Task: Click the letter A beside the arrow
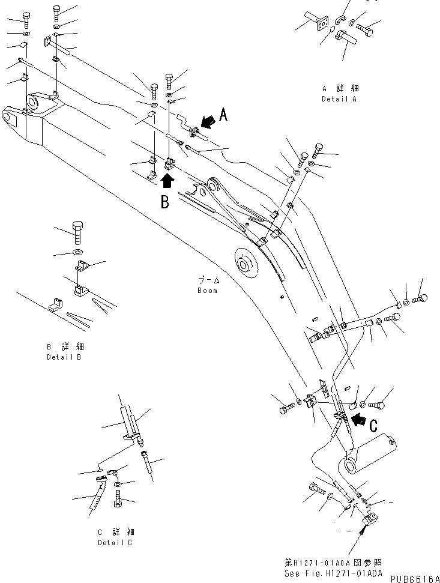pyautogui.click(x=223, y=115)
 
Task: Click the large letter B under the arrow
pyautogui.click(x=164, y=202)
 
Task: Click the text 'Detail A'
pyautogui.click(x=339, y=99)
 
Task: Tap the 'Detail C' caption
pyautogui.click(x=116, y=542)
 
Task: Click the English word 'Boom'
pyautogui.click(x=207, y=291)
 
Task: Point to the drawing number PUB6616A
pyautogui.click(x=415, y=578)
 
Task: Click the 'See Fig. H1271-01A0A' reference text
pyautogui.click(x=334, y=573)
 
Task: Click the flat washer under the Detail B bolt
pyautogui.click(x=79, y=250)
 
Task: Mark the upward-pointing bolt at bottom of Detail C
pyautogui.click(x=118, y=498)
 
